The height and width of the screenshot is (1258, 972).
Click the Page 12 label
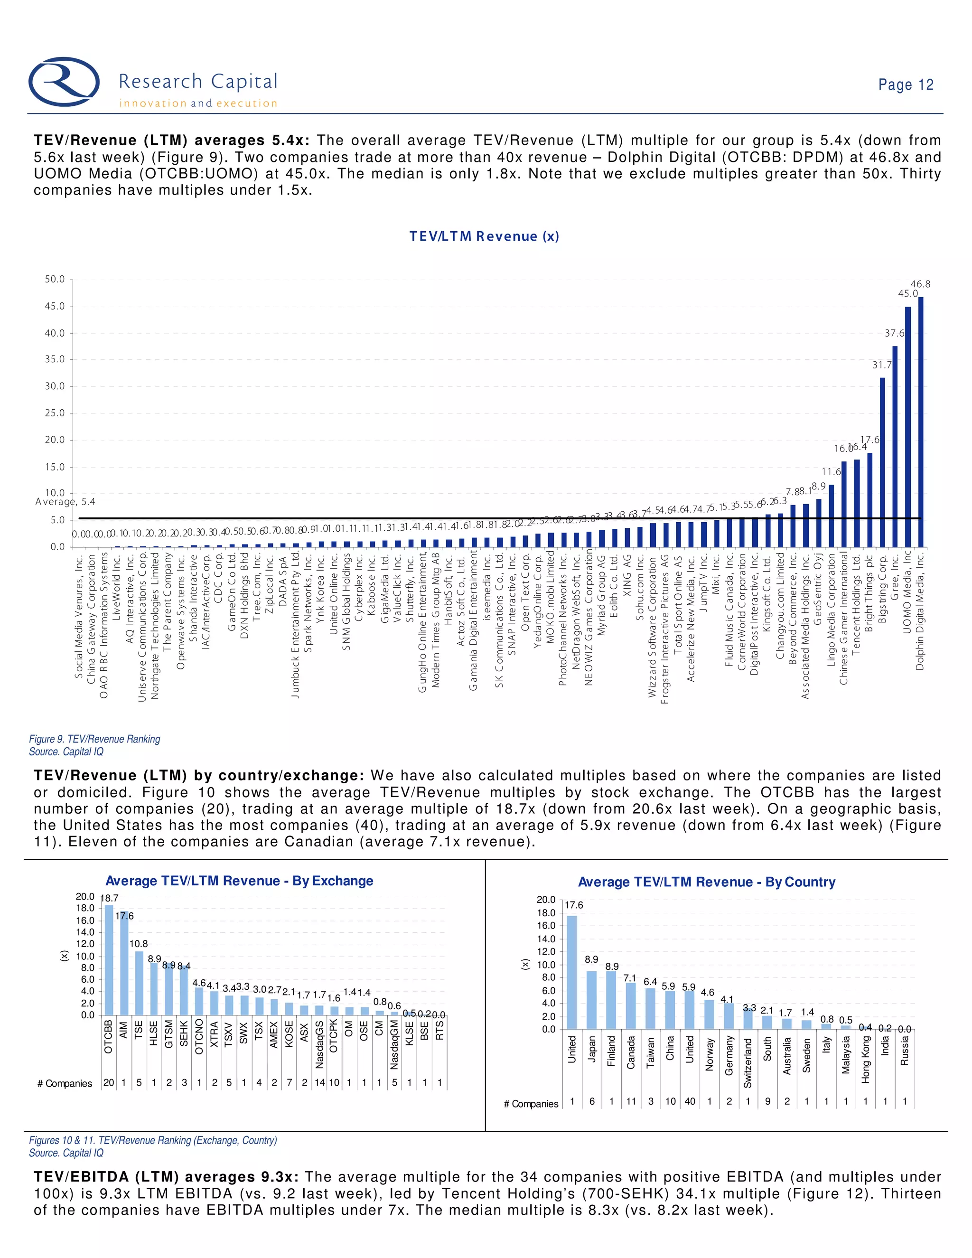pyautogui.click(x=905, y=84)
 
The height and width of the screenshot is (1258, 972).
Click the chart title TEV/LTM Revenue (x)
pyautogui.click(x=484, y=236)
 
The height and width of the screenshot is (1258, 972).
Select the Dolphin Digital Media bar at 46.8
pyautogui.click(x=920, y=422)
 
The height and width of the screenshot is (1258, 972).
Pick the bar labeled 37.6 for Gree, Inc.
pyautogui.click(x=895, y=446)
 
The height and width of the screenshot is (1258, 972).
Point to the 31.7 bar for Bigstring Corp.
pyautogui.click(x=882, y=462)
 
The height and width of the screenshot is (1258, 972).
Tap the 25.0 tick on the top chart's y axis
pyautogui.click(x=55, y=413)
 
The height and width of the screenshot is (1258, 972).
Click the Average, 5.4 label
pyautogui.click(x=65, y=502)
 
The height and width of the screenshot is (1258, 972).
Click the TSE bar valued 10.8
pyautogui.click(x=139, y=983)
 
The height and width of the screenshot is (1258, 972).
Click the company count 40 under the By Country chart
pyautogui.click(x=690, y=1101)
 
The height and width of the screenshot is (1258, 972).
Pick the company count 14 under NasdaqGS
pyautogui.click(x=319, y=1082)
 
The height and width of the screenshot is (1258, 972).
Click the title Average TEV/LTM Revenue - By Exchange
pyautogui.click(x=239, y=881)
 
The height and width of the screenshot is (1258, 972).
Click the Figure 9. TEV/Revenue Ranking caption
pyautogui.click(x=95, y=739)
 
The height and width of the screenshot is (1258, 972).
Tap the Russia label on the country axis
pyautogui.click(x=905, y=1051)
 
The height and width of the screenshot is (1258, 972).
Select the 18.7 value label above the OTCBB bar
pyautogui.click(x=110, y=898)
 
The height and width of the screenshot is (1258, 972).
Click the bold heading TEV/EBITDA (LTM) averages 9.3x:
pyautogui.click(x=166, y=1177)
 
